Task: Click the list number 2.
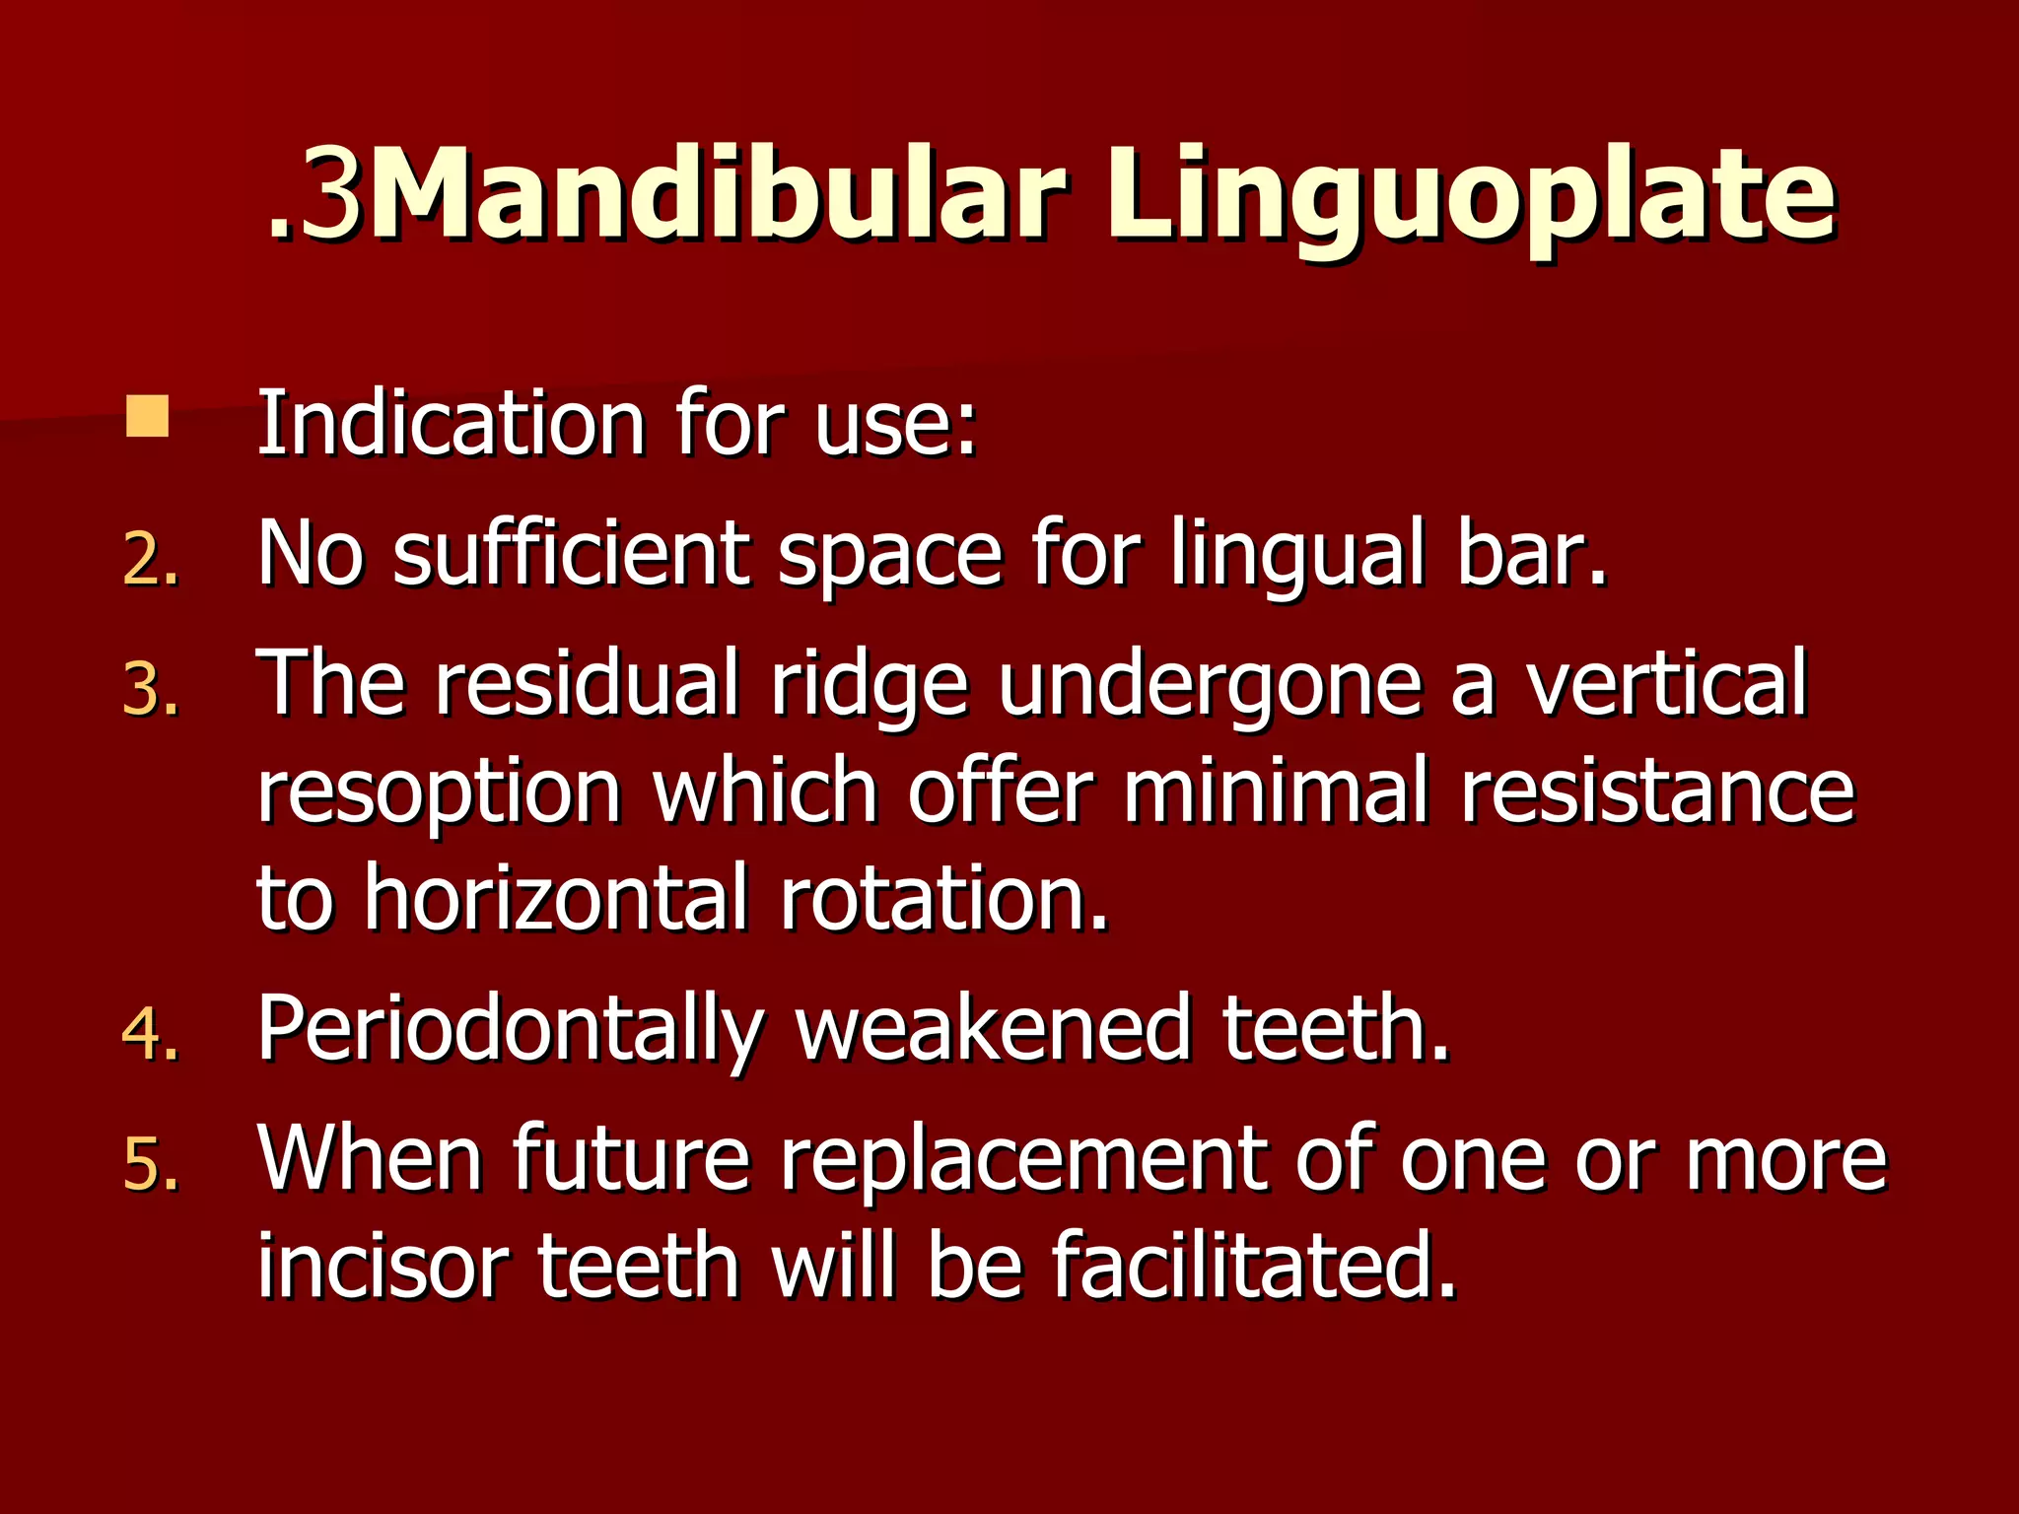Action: point(150,562)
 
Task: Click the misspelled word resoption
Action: point(440,794)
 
